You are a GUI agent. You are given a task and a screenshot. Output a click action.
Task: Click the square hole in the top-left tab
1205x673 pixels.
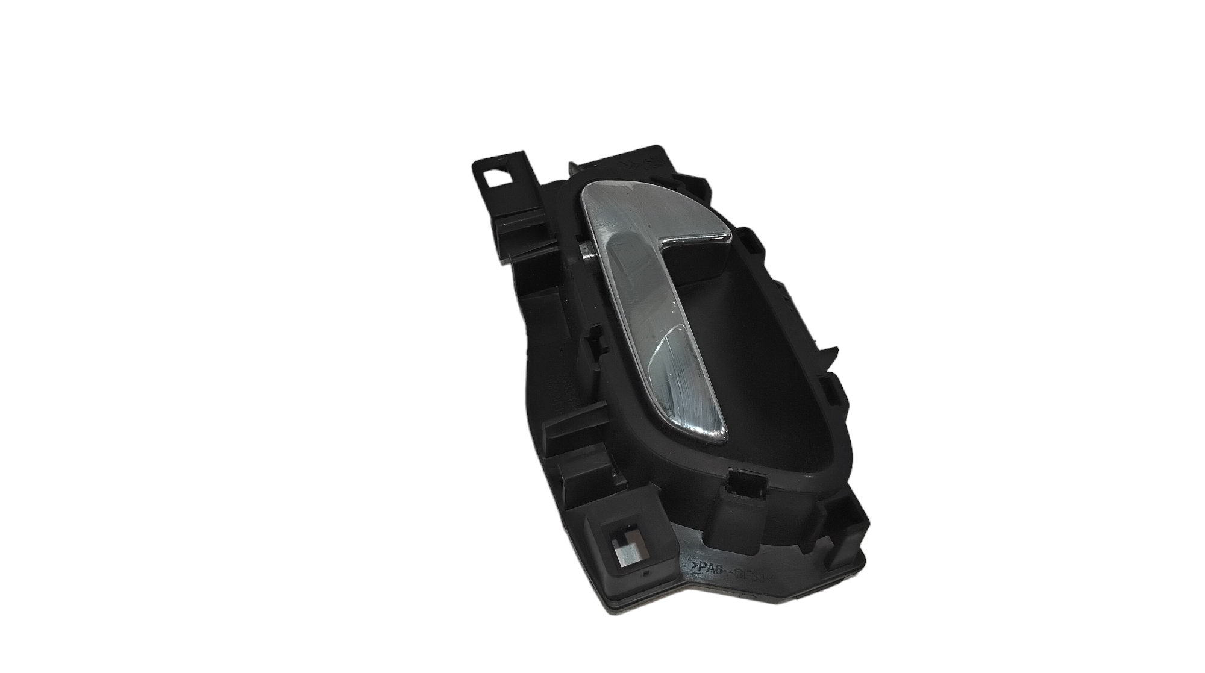[x=498, y=179]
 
